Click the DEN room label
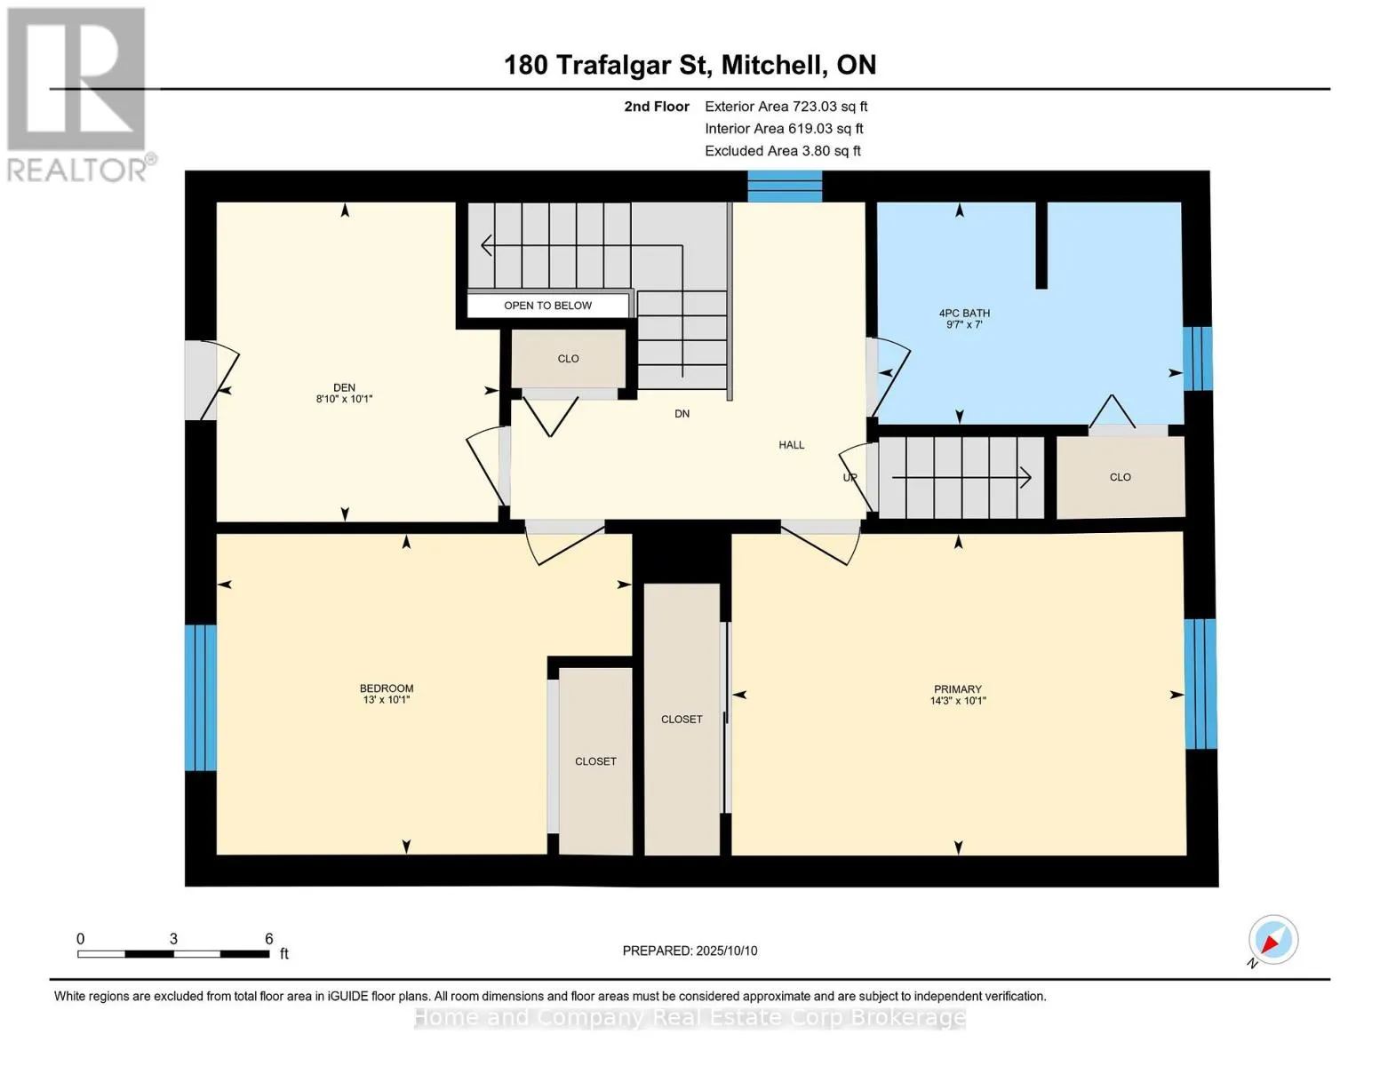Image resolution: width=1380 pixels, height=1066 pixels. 344,387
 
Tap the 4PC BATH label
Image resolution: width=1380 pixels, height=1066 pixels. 964,313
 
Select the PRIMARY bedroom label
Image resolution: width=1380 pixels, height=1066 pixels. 958,688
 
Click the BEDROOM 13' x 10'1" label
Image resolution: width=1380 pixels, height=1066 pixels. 387,694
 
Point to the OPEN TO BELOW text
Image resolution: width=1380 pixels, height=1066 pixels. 547,306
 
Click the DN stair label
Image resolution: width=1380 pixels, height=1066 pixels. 682,414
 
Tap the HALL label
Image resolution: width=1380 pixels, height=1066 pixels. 791,445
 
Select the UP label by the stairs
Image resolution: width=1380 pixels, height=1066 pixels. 850,477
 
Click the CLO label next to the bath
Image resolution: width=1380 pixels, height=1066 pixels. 1121,477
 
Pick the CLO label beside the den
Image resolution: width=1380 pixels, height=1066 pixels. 569,359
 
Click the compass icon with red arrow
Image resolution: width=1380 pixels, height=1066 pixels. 1272,940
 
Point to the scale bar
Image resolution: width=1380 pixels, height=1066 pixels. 173,954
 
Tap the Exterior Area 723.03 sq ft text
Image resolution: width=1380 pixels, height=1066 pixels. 786,107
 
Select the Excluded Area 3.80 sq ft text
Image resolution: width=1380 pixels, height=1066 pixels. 782,151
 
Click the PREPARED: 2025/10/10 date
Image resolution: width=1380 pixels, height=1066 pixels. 690,951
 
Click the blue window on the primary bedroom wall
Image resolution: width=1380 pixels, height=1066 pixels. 1201,684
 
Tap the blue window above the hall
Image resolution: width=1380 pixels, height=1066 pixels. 785,186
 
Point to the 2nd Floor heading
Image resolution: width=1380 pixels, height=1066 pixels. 657,107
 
